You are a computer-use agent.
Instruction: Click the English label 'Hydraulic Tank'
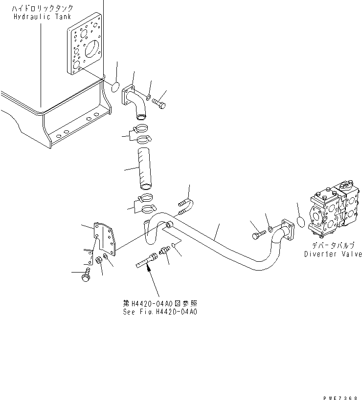43,16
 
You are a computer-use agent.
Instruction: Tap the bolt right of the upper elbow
159,103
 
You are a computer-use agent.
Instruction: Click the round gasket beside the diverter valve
302,221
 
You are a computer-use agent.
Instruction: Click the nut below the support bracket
98,260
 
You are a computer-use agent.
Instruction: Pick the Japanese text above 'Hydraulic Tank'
44,8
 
